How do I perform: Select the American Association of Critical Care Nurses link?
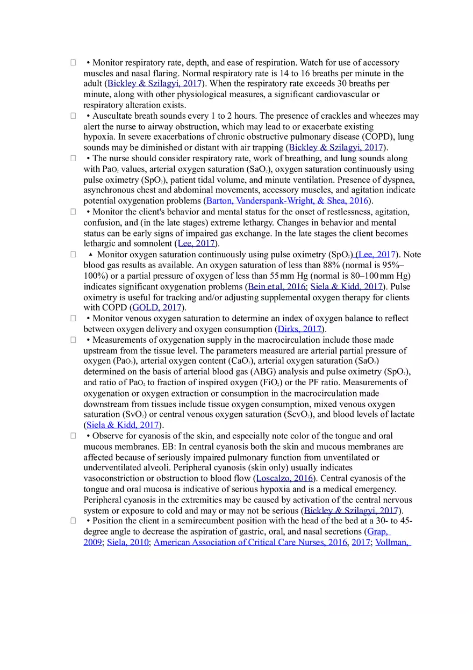click(x=250, y=542)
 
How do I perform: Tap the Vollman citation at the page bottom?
click(x=392, y=542)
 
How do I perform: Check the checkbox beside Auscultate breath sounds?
click(x=73, y=116)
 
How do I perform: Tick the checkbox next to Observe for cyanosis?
click(x=73, y=436)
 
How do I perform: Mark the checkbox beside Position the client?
click(x=73, y=521)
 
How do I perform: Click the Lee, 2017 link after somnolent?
click(x=196, y=243)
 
